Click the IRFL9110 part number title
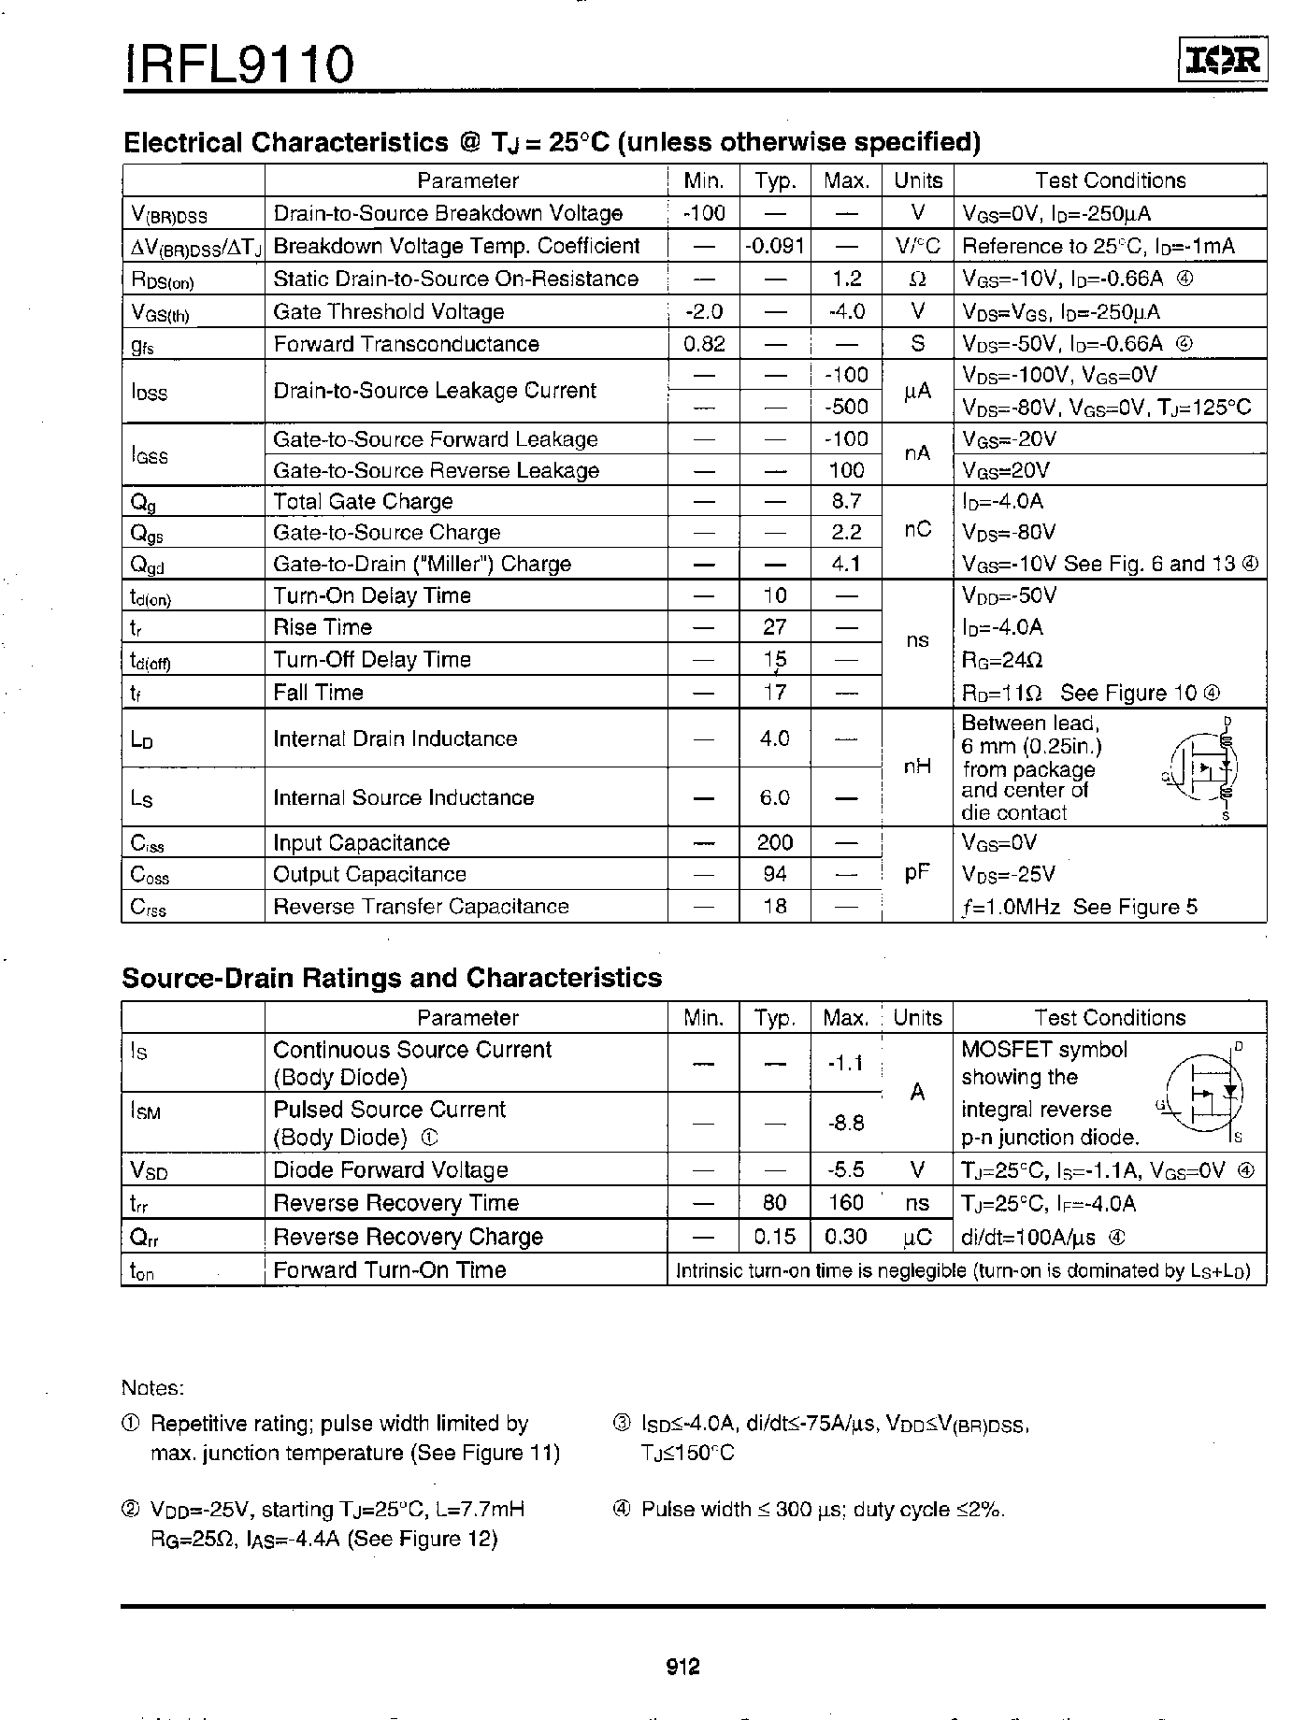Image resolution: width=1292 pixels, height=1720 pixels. coord(239,65)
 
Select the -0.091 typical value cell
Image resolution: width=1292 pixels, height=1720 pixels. coord(774,247)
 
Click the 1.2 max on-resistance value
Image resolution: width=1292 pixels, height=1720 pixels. coord(846,279)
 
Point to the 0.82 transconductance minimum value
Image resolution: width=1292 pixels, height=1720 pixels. coord(704,344)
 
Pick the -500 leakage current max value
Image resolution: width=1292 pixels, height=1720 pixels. coord(846,407)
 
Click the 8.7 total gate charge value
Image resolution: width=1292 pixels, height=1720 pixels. coord(846,501)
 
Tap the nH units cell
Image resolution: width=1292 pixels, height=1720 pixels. coord(917,767)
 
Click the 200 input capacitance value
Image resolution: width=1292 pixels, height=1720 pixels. coord(774,843)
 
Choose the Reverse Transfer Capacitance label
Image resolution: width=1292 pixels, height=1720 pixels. coord(421,907)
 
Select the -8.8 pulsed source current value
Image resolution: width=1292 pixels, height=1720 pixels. coord(846,1123)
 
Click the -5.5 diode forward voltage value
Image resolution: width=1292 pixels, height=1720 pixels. coord(846,1170)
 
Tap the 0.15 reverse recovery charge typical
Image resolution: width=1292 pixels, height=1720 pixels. coord(774,1237)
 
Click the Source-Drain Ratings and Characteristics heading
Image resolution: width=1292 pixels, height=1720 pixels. coord(392,979)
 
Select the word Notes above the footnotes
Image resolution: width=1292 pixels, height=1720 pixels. coord(153,1388)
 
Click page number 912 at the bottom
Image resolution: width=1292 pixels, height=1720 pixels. coord(683,1667)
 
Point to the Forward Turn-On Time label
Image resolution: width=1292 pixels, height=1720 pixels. coord(390,1270)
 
